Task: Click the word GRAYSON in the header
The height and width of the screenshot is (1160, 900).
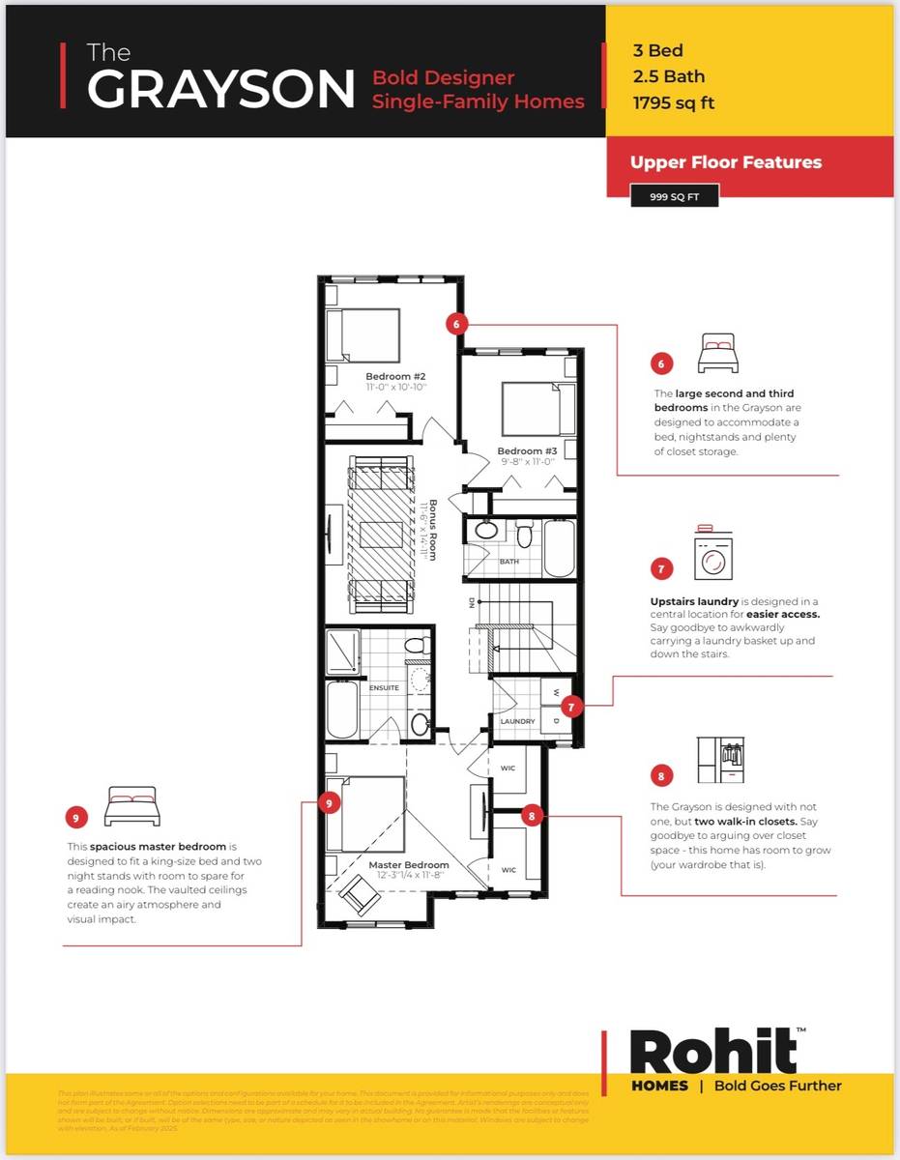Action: tap(222, 89)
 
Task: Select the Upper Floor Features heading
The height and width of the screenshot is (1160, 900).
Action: tap(726, 162)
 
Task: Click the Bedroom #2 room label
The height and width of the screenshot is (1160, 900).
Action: tap(395, 376)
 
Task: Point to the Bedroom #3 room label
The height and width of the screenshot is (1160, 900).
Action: tap(527, 451)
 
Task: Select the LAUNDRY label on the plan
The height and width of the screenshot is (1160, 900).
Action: tap(517, 721)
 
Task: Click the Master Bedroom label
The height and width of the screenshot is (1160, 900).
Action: tap(409, 864)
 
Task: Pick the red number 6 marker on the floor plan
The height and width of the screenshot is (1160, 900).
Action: tap(457, 324)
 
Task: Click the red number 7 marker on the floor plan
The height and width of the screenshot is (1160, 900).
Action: tap(571, 707)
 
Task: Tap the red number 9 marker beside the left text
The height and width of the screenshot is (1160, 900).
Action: tap(77, 817)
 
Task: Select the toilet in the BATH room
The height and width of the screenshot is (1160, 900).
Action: tap(525, 534)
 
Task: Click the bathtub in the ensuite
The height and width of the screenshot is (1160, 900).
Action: tap(343, 710)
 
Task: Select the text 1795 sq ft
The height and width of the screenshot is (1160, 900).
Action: tap(673, 102)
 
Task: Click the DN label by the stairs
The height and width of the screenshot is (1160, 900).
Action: tap(471, 602)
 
